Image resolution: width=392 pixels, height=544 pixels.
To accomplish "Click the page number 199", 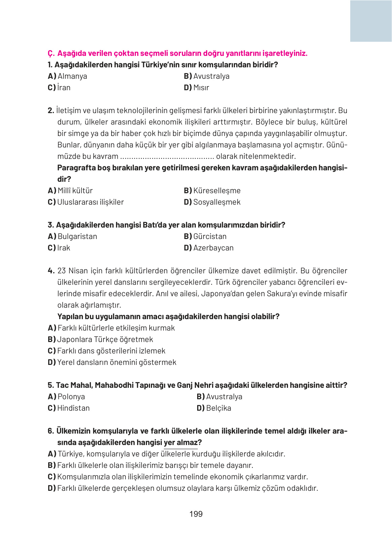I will [196, 514].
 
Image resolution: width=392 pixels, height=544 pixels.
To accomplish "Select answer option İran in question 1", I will [63, 88].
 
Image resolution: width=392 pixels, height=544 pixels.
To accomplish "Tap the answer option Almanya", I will [72, 76].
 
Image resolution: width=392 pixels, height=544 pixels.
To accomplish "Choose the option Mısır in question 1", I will [201, 88].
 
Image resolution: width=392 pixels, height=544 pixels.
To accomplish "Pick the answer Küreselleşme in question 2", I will [216, 191].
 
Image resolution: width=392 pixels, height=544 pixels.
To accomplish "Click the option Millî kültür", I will [75, 191].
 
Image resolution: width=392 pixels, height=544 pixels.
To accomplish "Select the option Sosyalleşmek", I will [216, 202].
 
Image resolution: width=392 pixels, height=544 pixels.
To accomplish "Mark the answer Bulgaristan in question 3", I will [77, 236].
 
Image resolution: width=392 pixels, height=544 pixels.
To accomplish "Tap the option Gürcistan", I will [209, 236].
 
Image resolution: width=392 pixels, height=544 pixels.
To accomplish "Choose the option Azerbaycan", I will [213, 248].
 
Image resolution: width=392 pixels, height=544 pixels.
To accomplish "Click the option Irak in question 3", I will [63, 248].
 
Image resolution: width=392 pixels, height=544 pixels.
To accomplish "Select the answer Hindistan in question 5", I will [73, 408].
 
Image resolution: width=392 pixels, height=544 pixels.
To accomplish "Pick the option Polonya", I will [71, 397].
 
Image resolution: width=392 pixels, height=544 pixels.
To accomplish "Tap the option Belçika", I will [218, 408].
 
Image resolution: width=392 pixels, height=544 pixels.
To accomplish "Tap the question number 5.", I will [51, 385].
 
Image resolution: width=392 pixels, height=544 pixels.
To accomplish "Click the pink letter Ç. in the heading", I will [51, 53].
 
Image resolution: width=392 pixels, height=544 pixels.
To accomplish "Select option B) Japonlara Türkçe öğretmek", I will [104, 339].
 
